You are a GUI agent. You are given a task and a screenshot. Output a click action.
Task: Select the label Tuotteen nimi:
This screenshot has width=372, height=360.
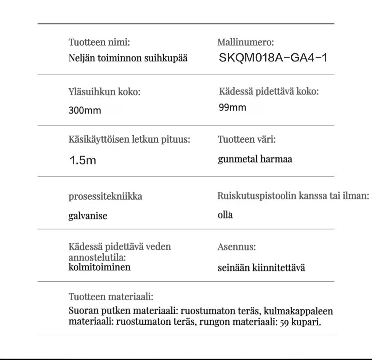coord(99,42)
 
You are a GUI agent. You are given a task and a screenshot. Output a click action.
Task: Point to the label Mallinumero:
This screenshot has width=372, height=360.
coord(245,42)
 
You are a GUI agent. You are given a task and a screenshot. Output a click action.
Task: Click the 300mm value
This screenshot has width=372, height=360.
coord(85,111)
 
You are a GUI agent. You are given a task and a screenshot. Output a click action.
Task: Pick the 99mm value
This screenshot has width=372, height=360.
coord(233,108)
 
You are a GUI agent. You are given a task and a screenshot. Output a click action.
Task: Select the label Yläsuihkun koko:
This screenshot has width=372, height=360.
coord(104,92)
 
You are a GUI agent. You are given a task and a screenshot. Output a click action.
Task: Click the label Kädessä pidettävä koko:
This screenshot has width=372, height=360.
coord(269,92)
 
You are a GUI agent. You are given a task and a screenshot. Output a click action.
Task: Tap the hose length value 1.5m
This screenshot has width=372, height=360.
coord(83,161)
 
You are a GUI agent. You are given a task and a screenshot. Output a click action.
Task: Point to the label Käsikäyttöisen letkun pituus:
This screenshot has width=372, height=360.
coord(129,140)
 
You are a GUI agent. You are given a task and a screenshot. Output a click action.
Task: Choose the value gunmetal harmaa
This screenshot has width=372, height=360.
coord(255,159)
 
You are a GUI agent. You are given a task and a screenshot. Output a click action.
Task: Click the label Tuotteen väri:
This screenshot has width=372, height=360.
coord(247,140)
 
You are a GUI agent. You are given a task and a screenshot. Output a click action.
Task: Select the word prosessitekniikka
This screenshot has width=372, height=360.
coord(106,196)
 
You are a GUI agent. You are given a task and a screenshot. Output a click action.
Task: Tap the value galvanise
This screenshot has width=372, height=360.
coord(88,216)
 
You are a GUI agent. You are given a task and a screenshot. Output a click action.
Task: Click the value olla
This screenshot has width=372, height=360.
coord(225,215)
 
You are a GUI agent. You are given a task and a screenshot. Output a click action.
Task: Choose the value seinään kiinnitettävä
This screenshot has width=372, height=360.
coord(262,268)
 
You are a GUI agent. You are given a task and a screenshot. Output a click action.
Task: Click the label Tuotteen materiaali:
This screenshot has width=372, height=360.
coord(111,297)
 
